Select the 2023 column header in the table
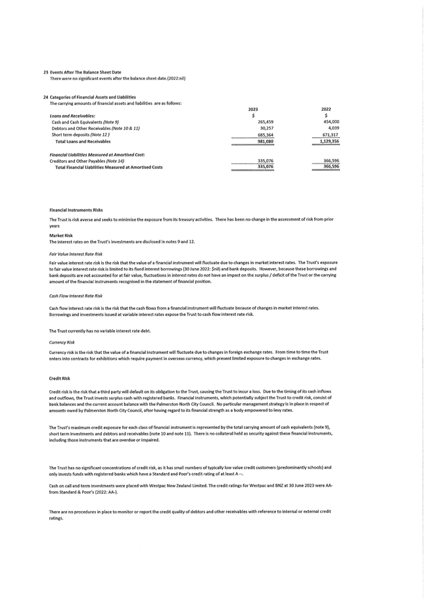(252, 109)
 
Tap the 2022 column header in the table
(326, 109)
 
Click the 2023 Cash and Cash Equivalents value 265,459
(265, 122)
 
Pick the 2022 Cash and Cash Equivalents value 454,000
(331, 122)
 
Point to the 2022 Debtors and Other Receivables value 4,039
(333, 128)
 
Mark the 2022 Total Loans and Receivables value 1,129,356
(329, 141)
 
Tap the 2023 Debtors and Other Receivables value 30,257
(266, 128)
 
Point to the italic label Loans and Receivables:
(71, 116)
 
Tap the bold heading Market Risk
(61, 235)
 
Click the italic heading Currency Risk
(62, 342)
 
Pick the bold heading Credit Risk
(60, 379)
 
